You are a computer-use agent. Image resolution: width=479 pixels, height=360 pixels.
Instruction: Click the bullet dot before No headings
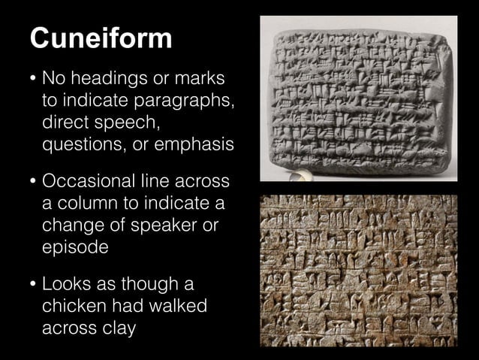(x=30, y=78)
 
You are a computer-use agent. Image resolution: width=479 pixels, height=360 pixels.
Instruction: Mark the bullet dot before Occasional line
(x=30, y=183)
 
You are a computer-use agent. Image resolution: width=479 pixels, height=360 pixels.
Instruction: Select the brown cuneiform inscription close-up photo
(x=357, y=270)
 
